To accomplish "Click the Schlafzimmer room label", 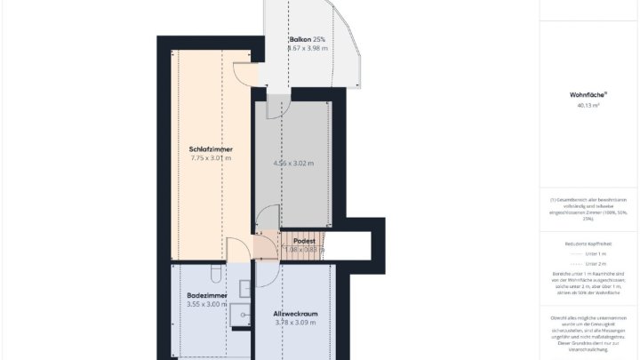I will coord(211,148).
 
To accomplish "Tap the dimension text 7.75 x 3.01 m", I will coord(211,158).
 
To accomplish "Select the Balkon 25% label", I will coord(307,40).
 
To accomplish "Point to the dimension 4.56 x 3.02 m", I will coord(292,164).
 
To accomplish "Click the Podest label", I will coord(304,241).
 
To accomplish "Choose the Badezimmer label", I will coord(207,294).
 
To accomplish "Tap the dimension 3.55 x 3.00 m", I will coord(207,304).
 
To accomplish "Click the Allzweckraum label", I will coord(295,314).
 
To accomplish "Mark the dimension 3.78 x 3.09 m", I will coord(295,324).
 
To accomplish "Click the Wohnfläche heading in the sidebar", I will coord(588,94).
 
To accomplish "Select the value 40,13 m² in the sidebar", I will coord(588,105).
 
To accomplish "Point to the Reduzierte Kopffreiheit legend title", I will coord(588,242).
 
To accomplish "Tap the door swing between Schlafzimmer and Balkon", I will coord(244,76).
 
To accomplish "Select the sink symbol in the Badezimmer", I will coord(242,313).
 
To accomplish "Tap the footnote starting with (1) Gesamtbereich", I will coord(588,207).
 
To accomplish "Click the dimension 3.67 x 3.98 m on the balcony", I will coord(307,49).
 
